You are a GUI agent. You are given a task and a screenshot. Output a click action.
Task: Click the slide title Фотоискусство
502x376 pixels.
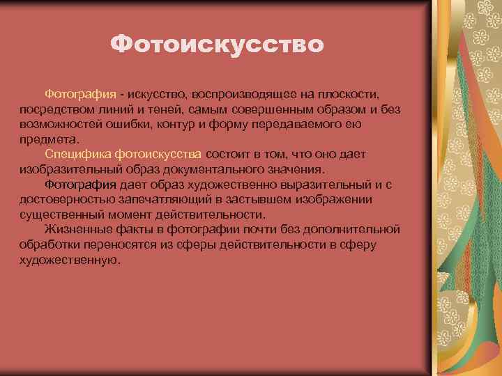pos(217,45)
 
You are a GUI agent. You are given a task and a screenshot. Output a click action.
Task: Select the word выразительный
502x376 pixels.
pos(314,184)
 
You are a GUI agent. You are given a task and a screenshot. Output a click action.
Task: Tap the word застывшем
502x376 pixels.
pos(254,199)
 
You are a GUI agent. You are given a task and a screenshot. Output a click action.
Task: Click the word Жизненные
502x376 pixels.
pos(75,229)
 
